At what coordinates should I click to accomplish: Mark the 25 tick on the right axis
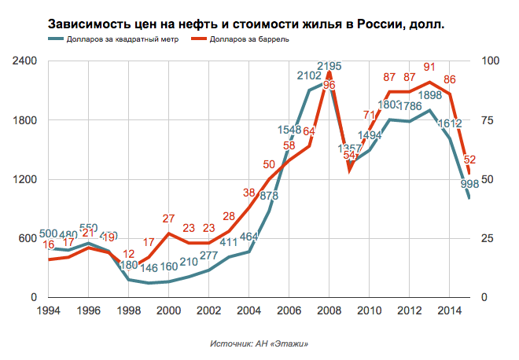pyautogui.click(x=485, y=238)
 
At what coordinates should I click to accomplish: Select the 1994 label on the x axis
pyautogui.click(x=49, y=310)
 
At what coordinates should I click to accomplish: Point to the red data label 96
pyautogui.click(x=329, y=85)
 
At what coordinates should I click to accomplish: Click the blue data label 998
pyautogui.click(x=470, y=185)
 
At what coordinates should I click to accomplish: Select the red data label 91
pyautogui.click(x=430, y=68)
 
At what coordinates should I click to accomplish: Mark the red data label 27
pyautogui.click(x=168, y=219)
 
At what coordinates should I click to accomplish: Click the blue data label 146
pyautogui.click(x=149, y=268)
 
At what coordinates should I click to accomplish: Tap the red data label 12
pyautogui.click(x=130, y=254)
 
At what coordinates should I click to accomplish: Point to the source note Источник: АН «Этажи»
pyautogui.click(x=259, y=344)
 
